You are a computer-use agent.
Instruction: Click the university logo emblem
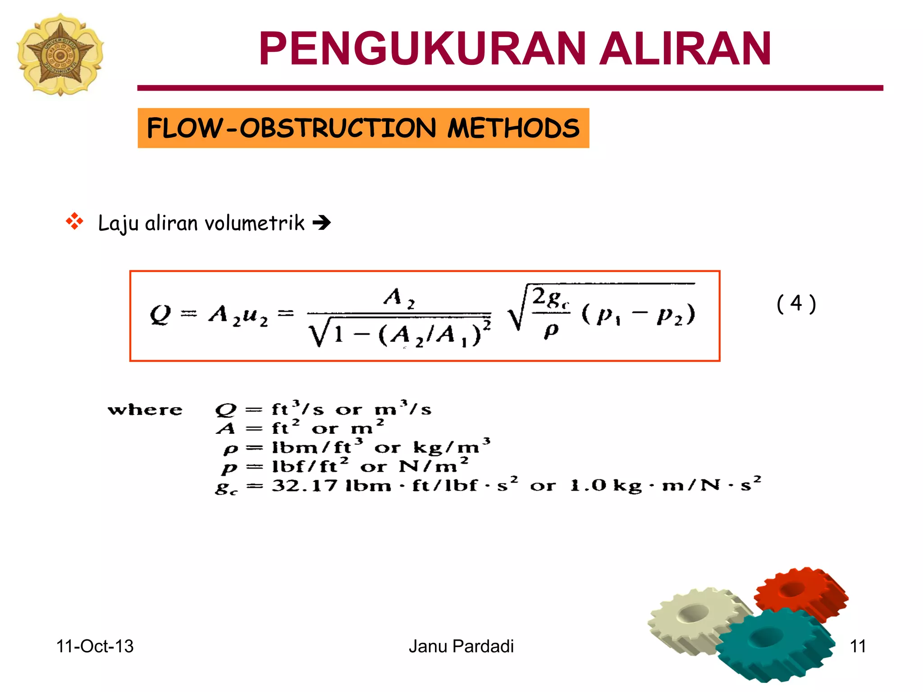60,54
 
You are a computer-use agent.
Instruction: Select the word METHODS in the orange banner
513,128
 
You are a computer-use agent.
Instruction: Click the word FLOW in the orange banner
185,128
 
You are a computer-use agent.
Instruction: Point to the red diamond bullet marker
75,222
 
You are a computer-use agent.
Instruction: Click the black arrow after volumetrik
322,223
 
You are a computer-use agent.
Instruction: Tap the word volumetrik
255,223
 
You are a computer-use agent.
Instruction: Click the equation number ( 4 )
796,304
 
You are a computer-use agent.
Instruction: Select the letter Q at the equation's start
160,314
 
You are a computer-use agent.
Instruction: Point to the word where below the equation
145,410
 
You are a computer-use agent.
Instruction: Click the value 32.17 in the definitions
304,486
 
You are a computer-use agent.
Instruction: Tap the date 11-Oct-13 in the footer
95,646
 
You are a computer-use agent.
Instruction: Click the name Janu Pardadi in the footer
461,646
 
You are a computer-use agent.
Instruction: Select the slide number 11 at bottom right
858,646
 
